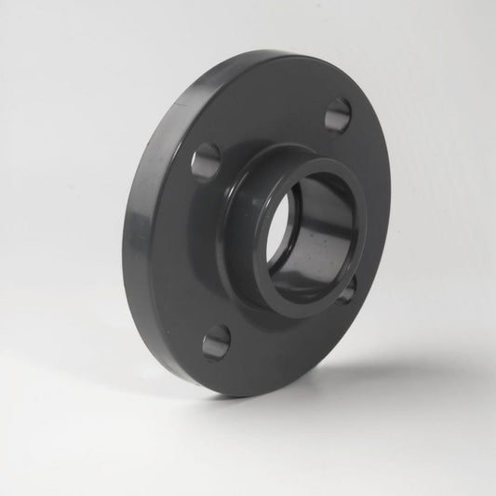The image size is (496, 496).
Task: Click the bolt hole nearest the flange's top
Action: [338, 114]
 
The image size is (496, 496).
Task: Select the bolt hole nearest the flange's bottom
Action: [217, 342]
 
